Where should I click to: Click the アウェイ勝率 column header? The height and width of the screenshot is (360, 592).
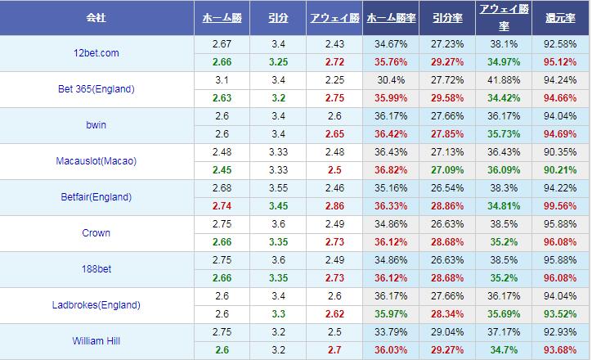pos(503,17)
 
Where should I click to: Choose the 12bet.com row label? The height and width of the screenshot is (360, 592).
pos(96,53)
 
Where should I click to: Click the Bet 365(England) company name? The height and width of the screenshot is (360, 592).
pos(96,89)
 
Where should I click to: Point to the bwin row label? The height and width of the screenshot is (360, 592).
pos(96,125)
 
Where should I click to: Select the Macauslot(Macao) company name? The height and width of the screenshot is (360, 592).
pos(96,161)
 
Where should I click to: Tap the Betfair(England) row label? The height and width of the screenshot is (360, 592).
pos(96,197)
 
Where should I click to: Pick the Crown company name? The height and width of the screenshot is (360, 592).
pos(96,233)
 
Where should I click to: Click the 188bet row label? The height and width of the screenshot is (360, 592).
pos(96,269)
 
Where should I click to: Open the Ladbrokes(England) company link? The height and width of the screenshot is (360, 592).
pos(96,305)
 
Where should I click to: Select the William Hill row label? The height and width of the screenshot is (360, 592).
pos(96,341)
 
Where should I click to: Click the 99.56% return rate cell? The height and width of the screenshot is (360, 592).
pos(561,206)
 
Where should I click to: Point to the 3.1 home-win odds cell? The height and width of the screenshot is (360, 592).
pos(221,80)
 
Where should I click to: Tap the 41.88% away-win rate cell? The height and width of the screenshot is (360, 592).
pos(503,80)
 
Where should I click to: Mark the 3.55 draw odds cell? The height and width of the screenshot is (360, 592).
pos(277,188)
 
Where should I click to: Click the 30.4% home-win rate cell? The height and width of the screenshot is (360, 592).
pos(389,80)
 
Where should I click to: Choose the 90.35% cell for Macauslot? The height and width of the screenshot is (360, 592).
pos(561,152)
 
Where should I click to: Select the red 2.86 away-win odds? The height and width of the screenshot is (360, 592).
pos(334,206)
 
